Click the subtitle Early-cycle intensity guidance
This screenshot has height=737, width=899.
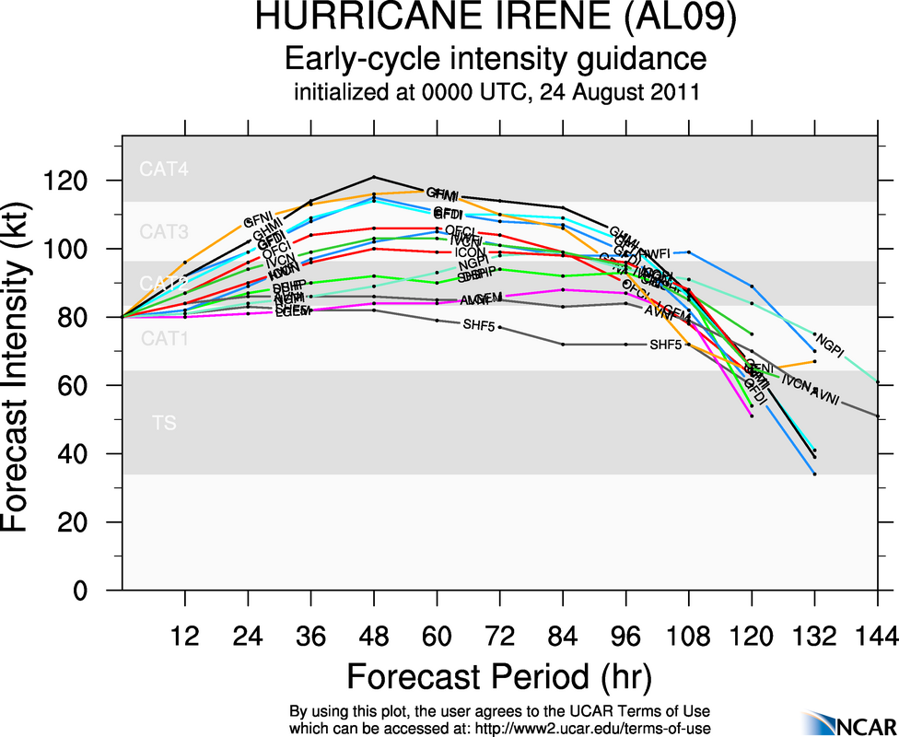pyautogui.click(x=495, y=59)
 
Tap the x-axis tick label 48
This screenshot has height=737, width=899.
pyautogui.click(x=373, y=637)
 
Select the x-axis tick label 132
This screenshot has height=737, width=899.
pyautogui.click(x=814, y=637)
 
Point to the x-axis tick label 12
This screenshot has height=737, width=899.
pyautogui.click(x=185, y=637)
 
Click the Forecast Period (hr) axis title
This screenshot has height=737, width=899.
pyautogui.click(x=498, y=677)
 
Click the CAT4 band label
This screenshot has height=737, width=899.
pyautogui.click(x=164, y=170)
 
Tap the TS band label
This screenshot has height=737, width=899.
pyautogui.click(x=164, y=424)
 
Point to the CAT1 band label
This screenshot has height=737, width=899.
pyautogui.click(x=164, y=339)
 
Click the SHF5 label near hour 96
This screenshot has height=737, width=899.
pyautogui.click(x=666, y=345)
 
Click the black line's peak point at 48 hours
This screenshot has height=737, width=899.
pyautogui.click(x=373, y=177)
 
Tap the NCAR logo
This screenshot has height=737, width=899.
pyautogui.click(x=847, y=723)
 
